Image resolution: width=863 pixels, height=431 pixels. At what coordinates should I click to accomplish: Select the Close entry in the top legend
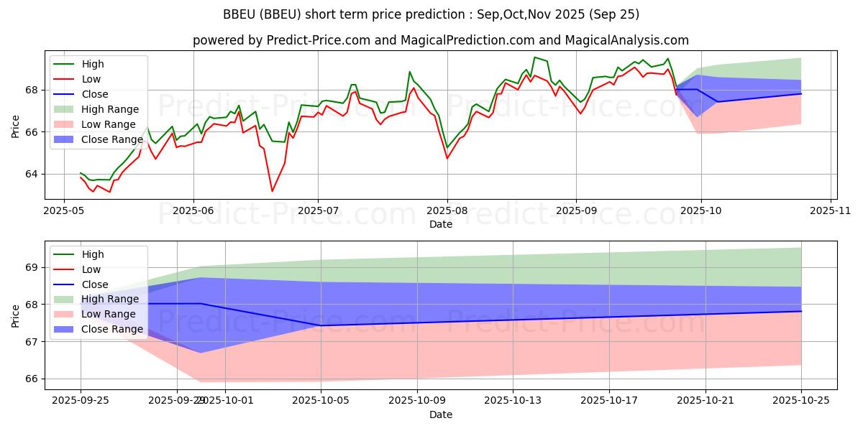click(95, 94)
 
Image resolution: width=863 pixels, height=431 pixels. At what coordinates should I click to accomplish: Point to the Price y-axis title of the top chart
click(15, 125)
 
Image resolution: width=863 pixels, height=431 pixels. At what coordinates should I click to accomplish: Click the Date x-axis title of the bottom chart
click(441, 415)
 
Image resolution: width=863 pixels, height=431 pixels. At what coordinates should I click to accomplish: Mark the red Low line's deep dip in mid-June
click(272, 190)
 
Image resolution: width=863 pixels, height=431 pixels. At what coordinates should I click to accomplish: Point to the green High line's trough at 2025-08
click(447, 147)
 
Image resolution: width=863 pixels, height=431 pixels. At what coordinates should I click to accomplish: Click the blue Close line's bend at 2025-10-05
click(321, 325)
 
